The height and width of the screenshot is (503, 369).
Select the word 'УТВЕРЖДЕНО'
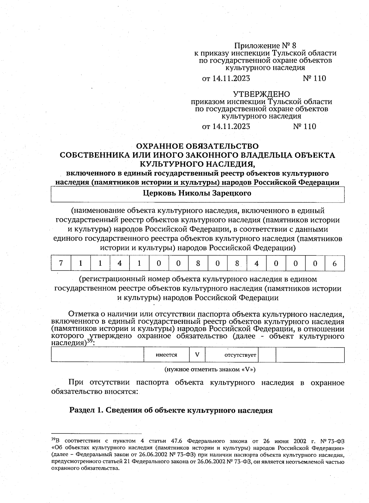[261, 94]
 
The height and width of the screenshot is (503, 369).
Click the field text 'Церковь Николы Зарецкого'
[197, 193]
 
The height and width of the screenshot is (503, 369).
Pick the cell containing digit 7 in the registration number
[61, 263]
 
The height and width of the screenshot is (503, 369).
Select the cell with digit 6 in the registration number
[335, 263]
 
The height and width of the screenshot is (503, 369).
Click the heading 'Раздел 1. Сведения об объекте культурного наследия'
[171, 410]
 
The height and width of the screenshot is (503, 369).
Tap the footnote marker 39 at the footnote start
[53, 438]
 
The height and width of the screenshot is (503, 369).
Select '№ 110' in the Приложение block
[314, 78]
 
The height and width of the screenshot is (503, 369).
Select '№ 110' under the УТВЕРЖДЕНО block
[304, 127]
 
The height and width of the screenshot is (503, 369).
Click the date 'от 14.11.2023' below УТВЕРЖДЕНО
[226, 127]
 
